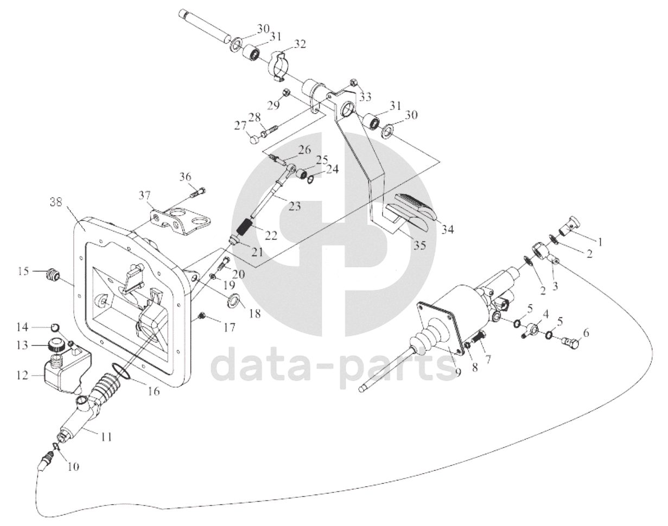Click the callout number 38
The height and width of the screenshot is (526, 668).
[55, 202]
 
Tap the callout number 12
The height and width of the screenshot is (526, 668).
[23, 376]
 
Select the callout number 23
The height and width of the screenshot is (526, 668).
[294, 206]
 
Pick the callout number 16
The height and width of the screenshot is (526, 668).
[154, 391]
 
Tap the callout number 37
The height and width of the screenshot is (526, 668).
[145, 196]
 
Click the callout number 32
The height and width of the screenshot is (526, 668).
[299, 44]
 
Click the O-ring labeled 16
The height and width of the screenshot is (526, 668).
[122, 371]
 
